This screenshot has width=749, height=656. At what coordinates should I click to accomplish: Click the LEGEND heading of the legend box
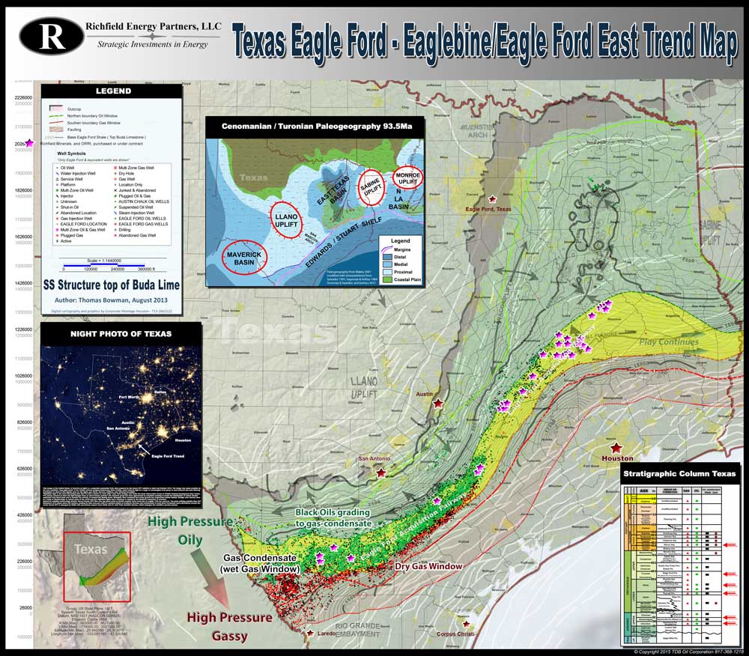point(113,91)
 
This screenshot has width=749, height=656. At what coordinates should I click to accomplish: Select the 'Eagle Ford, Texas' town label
point(488,210)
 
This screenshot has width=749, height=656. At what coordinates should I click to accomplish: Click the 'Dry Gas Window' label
point(429,566)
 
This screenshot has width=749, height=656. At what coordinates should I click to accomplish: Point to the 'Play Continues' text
point(668,342)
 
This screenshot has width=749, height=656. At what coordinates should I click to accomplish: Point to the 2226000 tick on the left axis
point(24,97)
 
